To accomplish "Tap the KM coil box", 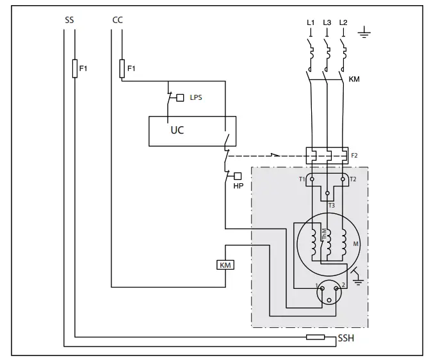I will coord(225,265).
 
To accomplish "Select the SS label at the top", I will coord(69,20).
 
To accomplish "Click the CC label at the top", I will coord(118,20).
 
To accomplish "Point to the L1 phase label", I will coord(311,22).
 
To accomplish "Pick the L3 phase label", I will coord(327,22).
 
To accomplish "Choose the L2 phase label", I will coord(343,22).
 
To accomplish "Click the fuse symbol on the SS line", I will coord(75,68).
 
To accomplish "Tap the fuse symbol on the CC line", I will coord(122,68).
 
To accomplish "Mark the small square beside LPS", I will coord(180,97).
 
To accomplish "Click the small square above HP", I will coord(238,176).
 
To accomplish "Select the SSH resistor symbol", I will coord(315,337).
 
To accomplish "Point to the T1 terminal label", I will coord(302,179).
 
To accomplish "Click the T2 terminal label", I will coord(353,179).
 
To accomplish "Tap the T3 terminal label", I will coord(331,205).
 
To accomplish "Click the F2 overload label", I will coord(354,156).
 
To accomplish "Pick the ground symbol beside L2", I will coord(364,32).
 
